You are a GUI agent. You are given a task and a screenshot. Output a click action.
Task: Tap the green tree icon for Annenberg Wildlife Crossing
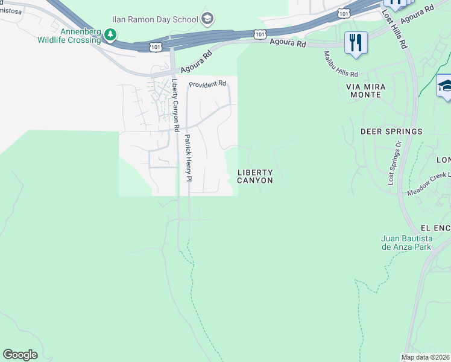(x=110, y=35)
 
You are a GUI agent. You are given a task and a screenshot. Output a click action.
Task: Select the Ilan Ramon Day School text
(x=163, y=19)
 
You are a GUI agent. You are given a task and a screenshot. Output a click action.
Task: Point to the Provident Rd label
(x=207, y=84)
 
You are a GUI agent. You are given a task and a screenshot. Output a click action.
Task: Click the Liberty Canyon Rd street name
(x=175, y=106)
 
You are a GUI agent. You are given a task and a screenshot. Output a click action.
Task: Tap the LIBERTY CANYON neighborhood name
(x=254, y=176)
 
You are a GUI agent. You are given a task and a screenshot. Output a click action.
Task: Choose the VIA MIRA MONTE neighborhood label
(x=364, y=91)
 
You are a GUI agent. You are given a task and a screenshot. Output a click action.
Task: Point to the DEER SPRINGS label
(x=391, y=131)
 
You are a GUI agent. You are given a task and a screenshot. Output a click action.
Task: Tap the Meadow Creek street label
(x=429, y=183)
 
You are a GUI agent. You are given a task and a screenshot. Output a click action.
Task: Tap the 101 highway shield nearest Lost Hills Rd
(x=344, y=13)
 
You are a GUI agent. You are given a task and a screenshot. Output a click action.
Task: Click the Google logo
(x=20, y=354)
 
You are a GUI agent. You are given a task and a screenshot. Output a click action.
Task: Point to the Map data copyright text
(x=426, y=357)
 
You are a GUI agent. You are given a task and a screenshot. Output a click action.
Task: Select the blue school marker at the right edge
(x=445, y=86)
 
